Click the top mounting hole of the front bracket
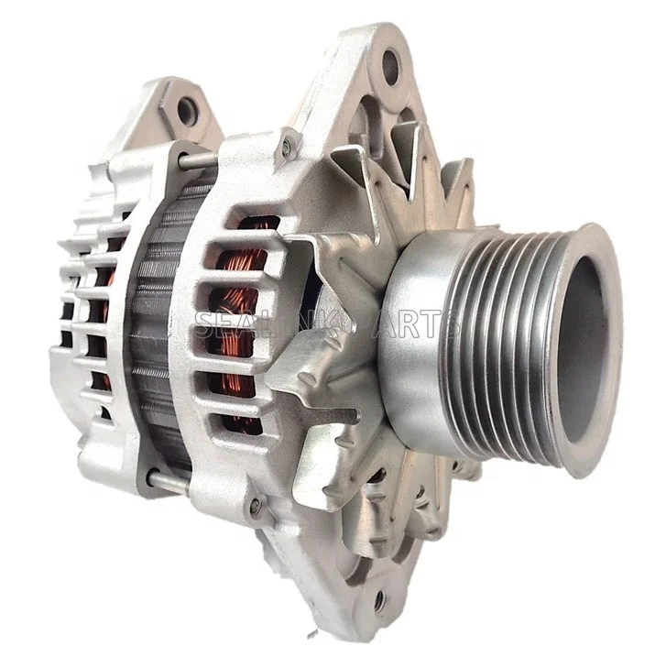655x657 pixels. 390,67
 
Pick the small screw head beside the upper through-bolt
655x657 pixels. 287,145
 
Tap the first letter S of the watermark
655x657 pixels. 202,323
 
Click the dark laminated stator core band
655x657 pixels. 151,321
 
